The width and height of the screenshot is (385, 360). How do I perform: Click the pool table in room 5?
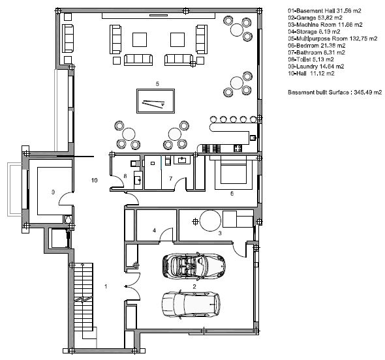click(x=155, y=101)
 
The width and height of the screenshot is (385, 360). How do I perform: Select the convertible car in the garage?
click(x=194, y=266)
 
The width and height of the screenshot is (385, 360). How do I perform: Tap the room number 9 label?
click(x=53, y=192)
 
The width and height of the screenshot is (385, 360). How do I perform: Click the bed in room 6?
click(x=234, y=171)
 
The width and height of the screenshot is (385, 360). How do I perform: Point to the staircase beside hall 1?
click(x=84, y=297)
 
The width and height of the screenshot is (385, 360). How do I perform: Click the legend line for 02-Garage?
click(x=315, y=18)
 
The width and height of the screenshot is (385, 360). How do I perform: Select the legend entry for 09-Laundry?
click(x=316, y=67)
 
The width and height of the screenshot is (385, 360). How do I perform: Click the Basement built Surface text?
click(x=335, y=92)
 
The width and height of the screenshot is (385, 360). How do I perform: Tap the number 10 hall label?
click(x=94, y=181)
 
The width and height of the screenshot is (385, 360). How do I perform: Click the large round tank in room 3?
click(x=210, y=220)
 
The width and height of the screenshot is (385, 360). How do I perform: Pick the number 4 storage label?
click(x=154, y=230)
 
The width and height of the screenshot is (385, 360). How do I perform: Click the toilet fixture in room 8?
click(x=134, y=163)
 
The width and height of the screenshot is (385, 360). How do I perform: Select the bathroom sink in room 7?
click(x=182, y=160)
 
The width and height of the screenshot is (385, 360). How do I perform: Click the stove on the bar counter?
click(x=238, y=148)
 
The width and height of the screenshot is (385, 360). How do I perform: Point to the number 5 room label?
click(x=157, y=84)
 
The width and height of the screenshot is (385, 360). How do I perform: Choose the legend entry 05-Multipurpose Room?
click(x=332, y=38)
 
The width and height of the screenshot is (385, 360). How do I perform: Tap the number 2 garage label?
click(x=194, y=286)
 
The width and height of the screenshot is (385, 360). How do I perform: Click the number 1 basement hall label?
click(x=106, y=286)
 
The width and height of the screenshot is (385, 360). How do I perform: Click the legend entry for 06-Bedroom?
click(x=316, y=46)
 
